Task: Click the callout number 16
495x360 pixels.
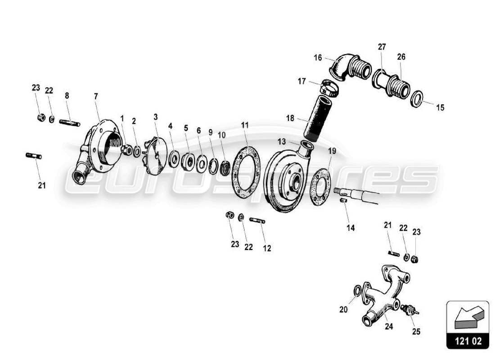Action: (318, 58)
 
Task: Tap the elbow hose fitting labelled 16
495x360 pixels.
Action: (346, 68)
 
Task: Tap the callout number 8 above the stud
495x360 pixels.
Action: (67, 95)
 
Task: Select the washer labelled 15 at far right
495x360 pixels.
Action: (417, 99)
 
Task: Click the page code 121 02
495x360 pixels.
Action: (468, 341)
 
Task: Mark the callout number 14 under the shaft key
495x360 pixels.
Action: (351, 228)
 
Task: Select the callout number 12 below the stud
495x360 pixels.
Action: (267, 247)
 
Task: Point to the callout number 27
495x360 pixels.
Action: (382, 47)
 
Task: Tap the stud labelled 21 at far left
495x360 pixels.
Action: (34, 156)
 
